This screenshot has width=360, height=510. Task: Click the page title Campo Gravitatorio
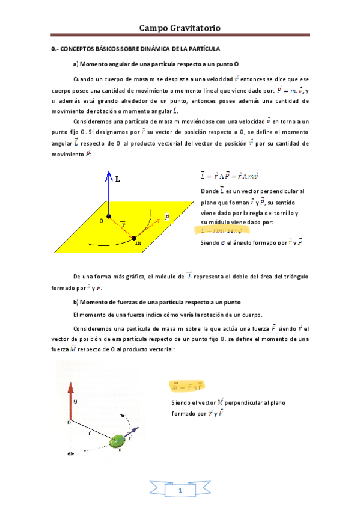coord(180,28)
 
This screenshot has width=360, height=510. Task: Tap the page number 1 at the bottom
coord(180,492)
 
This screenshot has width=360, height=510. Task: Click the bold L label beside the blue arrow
coord(118,179)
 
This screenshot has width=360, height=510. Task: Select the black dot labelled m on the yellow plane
coord(134,238)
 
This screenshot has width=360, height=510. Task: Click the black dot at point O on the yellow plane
coord(109,215)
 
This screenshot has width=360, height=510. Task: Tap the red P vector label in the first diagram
coord(167,217)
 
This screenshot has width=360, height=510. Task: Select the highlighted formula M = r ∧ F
coord(186,385)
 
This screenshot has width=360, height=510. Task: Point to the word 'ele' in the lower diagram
coord(70,454)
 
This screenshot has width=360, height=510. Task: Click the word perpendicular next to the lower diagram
coord(253,402)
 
